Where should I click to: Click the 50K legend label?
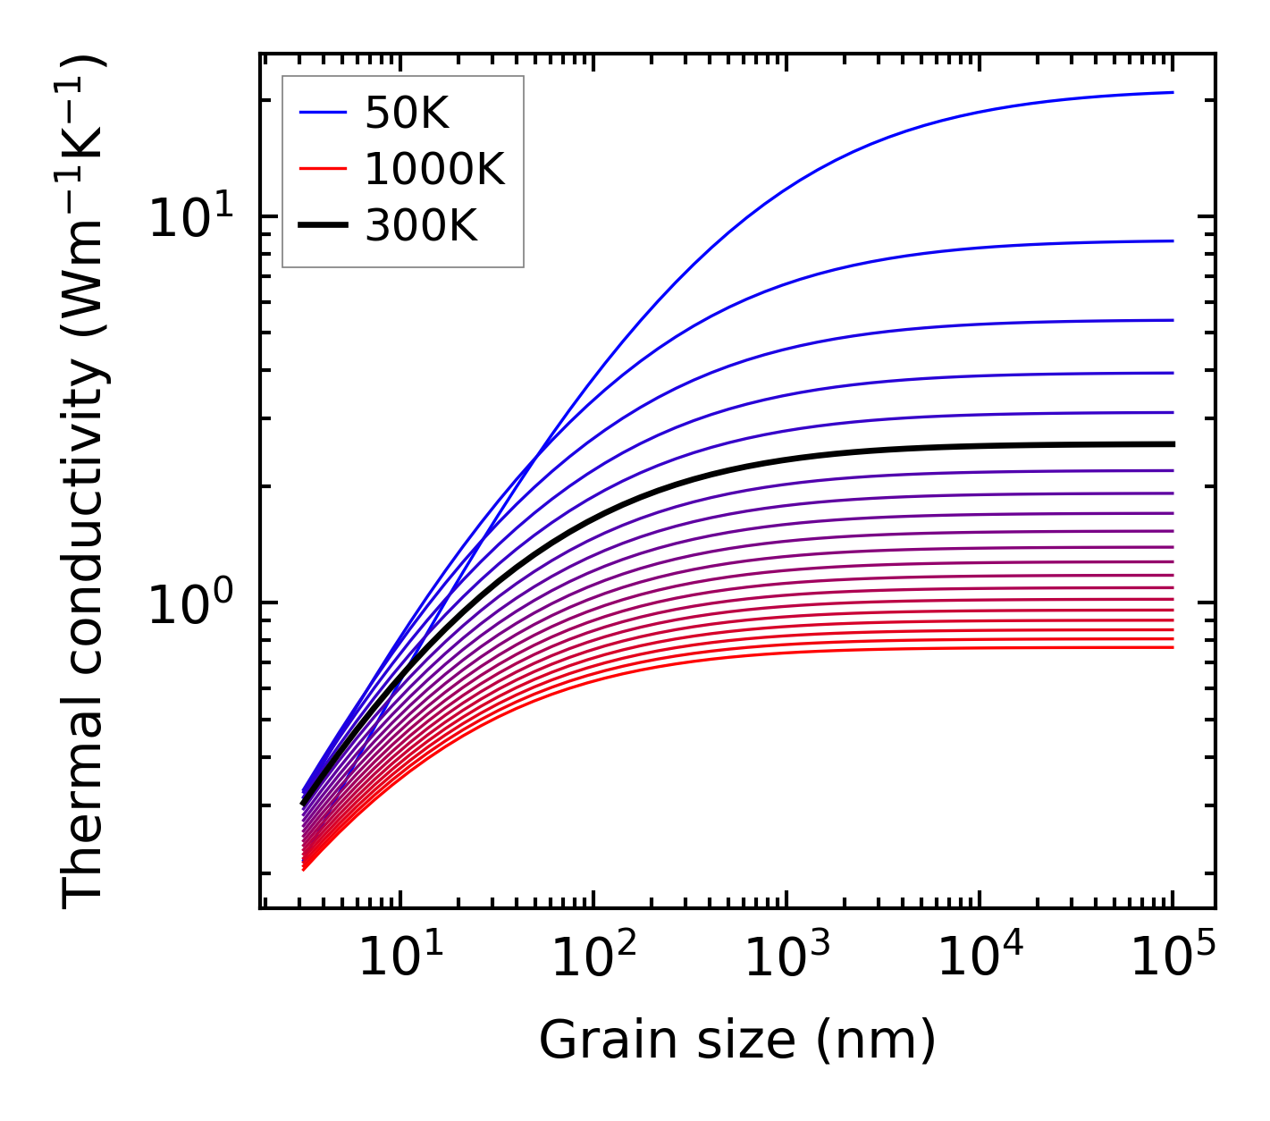pyautogui.click(x=406, y=113)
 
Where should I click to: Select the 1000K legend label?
pyautogui.click(x=434, y=169)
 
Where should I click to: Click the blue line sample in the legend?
pyautogui.click(x=322, y=113)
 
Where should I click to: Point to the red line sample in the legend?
pyautogui.click(x=322, y=169)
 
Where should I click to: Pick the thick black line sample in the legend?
pyautogui.click(x=322, y=226)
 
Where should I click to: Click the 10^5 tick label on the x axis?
pyautogui.click(x=1171, y=959)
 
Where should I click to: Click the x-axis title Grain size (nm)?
pyautogui.click(x=737, y=1041)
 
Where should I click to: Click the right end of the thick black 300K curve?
pyautogui.click(x=1172, y=444)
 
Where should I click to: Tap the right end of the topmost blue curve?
pyautogui.click(x=1172, y=92)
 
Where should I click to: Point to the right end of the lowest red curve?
pyautogui.click(x=1172, y=647)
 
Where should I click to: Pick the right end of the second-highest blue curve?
pyautogui.click(x=1172, y=240)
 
